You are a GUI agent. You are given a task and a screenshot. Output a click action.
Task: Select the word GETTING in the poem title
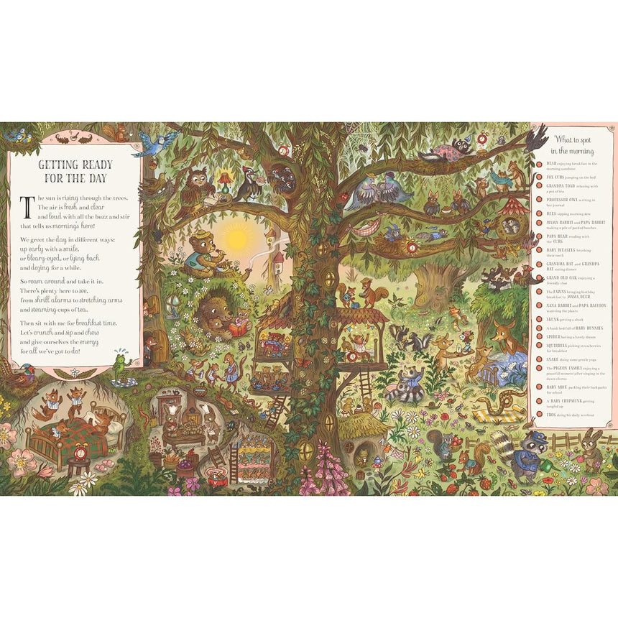coord(61,165)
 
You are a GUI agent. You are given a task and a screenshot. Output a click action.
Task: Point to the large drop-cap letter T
coord(27,207)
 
